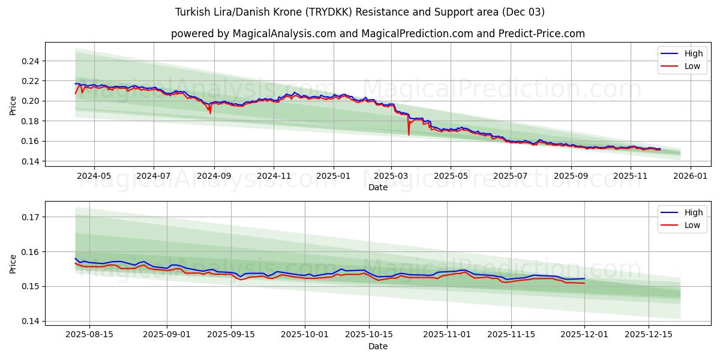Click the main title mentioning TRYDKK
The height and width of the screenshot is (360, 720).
pyautogui.click(x=360, y=12)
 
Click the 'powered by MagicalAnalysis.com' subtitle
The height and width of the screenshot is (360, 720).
pyautogui.click(x=378, y=34)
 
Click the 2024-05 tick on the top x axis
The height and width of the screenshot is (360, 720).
pyautogui.click(x=94, y=176)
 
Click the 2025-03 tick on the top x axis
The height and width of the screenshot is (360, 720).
pyautogui.click(x=391, y=176)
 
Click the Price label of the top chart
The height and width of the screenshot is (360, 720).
pyautogui.click(x=13, y=106)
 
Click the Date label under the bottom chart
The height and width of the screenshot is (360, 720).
pyautogui.click(x=378, y=347)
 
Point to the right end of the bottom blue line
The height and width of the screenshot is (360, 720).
pyautogui.click(x=584, y=278)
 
